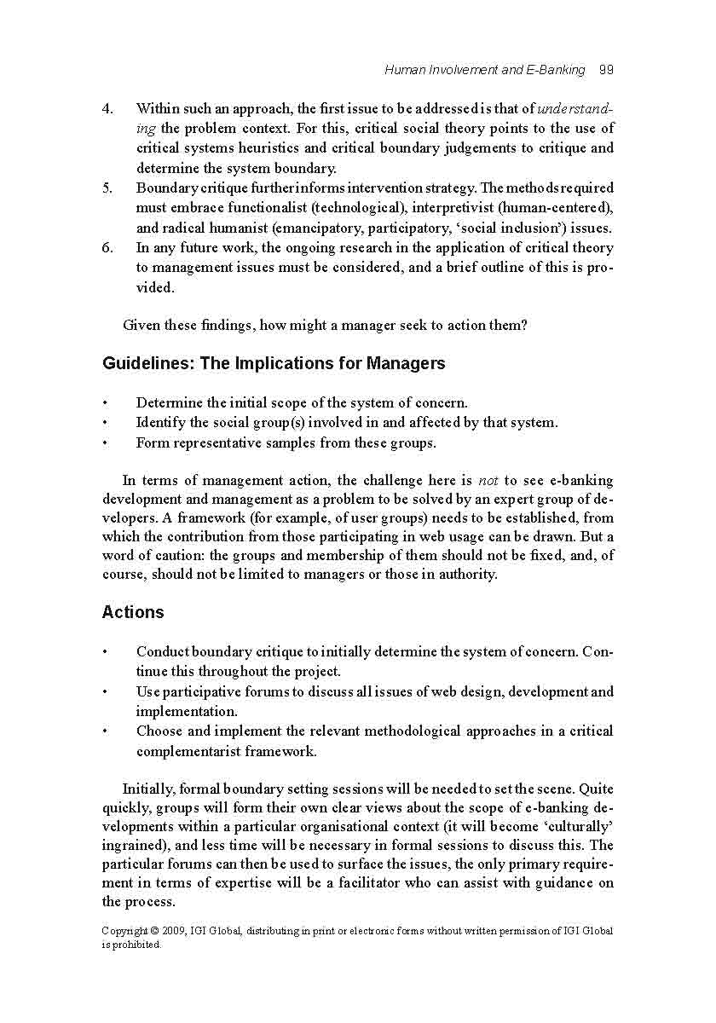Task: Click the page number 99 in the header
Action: pos(606,70)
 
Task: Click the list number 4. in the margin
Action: pos(107,109)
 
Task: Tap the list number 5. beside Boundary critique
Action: pos(107,188)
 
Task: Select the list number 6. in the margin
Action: pos(107,248)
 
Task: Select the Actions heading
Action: pos(133,612)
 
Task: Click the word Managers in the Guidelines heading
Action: pos(406,364)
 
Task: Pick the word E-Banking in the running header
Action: pos(557,70)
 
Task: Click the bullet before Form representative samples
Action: pos(105,443)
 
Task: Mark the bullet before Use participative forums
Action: pos(105,692)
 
